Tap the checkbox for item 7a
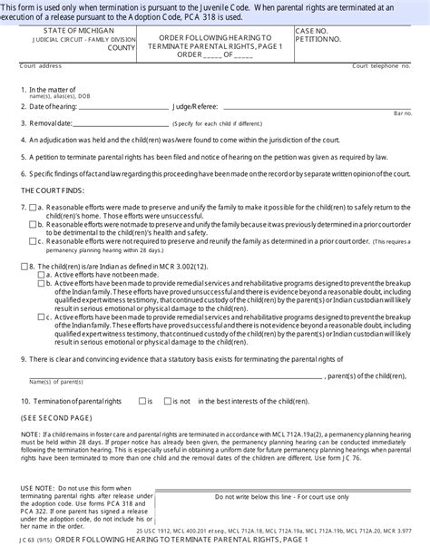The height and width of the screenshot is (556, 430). [x=33, y=208]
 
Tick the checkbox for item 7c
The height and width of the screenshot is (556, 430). [x=33, y=242]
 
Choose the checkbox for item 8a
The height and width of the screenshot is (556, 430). [x=40, y=273]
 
